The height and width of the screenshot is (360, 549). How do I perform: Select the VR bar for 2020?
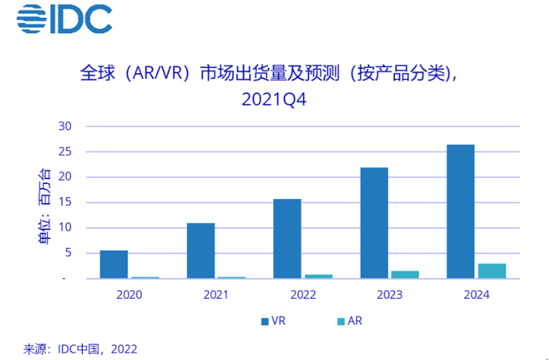pos(114,264)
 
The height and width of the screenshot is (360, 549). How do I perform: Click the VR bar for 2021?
pos(201,251)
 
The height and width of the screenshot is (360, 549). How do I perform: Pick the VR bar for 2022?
pos(287,238)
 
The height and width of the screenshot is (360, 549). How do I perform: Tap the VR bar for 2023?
pos(374,223)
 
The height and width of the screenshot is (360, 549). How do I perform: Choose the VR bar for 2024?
pos(460,211)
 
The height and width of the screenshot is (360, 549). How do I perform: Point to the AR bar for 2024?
pos(492,271)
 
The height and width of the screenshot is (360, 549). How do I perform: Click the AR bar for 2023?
pos(405,274)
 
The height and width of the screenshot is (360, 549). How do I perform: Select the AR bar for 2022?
pos(319,277)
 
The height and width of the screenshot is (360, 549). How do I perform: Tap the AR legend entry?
pos(349,321)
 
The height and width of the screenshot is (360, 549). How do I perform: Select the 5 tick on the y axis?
pos(67,253)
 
